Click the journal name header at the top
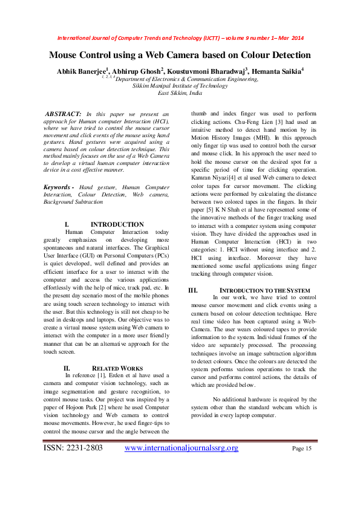(180, 37)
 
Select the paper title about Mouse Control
(180, 55)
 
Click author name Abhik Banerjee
(81, 70)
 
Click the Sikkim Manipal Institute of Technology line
(180, 86)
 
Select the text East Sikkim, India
(180, 93)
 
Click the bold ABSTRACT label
(64, 114)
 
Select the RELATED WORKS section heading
(117, 368)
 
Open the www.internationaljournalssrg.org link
(181, 448)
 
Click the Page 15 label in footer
(301, 449)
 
